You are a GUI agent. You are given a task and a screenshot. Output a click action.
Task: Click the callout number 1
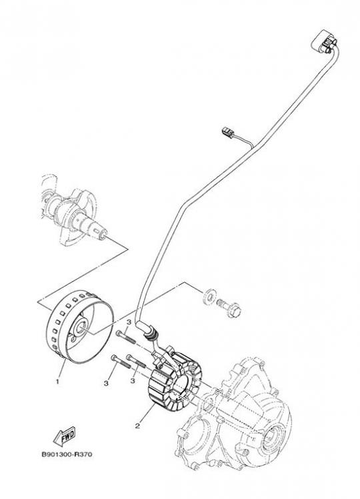(x=57, y=381)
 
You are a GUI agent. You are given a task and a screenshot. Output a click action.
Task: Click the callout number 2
(x=137, y=426)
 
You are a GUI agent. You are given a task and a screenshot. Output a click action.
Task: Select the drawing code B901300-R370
(x=67, y=454)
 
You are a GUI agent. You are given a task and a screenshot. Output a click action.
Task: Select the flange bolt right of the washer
(x=229, y=308)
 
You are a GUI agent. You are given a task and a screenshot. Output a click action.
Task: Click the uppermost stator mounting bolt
(x=126, y=338)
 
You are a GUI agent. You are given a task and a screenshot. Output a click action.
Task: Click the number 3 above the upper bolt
(x=129, y=323)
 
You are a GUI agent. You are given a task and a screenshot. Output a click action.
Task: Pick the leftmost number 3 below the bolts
(x=106, y=384)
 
